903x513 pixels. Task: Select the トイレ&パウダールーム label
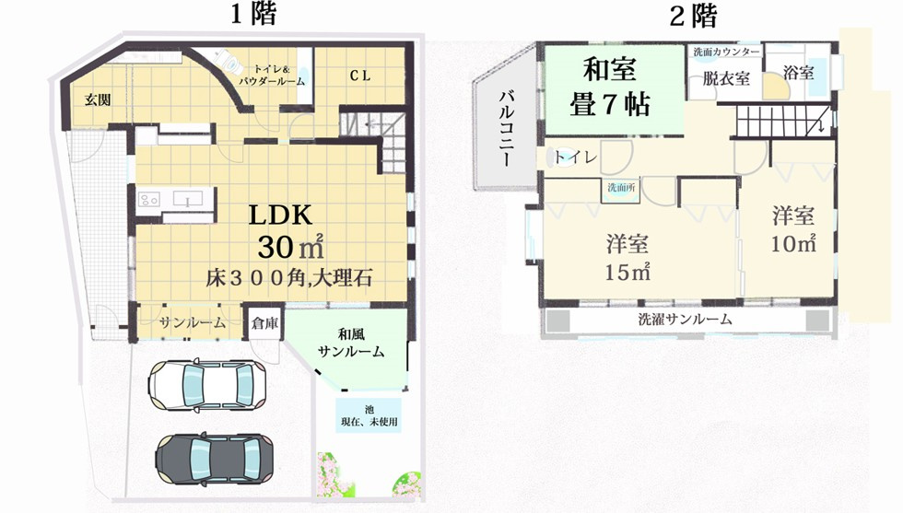[x=272, y=75]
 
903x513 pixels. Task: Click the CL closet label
[x=358, y=76]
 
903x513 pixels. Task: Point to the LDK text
[x=282, y=215]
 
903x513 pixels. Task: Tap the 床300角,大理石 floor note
[x=289, y=277]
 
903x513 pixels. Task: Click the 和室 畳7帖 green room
[x=616, y=87]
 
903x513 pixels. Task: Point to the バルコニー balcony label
[x=506, y=129]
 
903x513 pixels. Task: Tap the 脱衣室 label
[x=726, y=79]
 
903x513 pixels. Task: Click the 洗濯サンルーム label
[x=686, y=320]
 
